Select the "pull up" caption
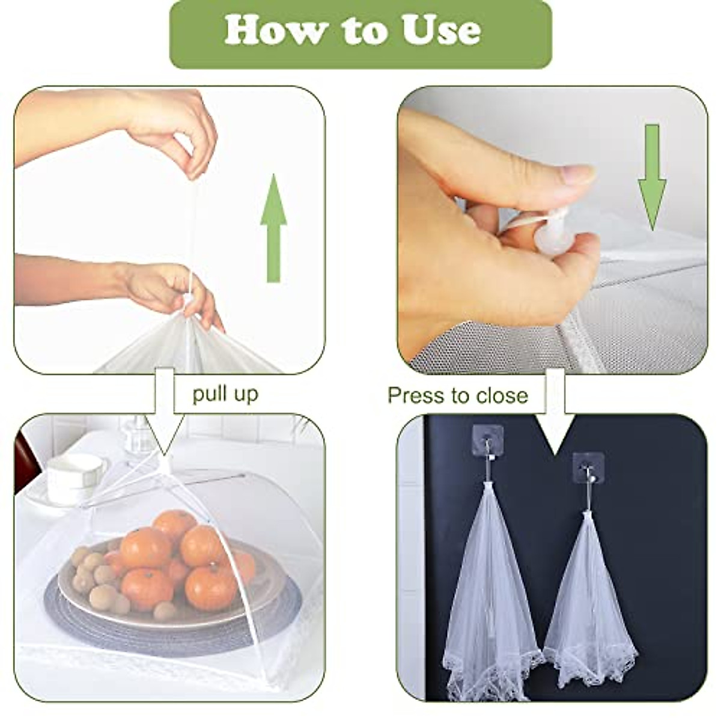point(225,394)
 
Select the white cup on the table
point(75,475)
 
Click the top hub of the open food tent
point(165,463)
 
